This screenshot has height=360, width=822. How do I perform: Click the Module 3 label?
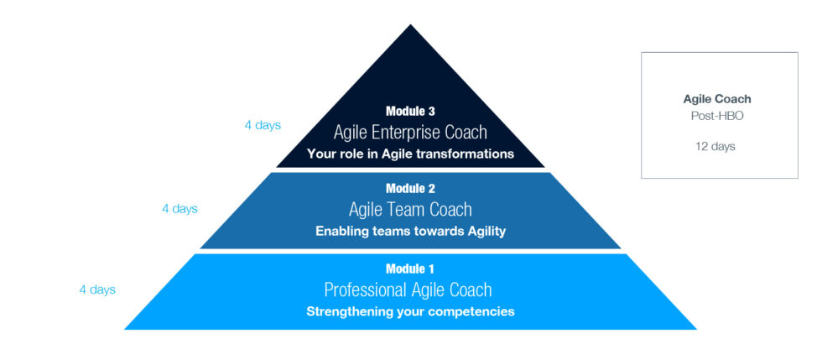410,111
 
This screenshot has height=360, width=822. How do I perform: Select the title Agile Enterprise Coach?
410,132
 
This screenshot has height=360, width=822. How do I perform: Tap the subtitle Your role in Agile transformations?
410,154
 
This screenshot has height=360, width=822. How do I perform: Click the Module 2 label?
410,189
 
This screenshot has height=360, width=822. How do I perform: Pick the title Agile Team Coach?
410,210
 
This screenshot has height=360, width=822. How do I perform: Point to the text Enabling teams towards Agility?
410,232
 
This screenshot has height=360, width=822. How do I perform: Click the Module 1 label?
410,269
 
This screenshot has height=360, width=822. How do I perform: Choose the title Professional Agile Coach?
408,290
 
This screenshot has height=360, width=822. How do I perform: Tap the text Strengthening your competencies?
410,311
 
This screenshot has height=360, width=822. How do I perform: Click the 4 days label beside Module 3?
263,125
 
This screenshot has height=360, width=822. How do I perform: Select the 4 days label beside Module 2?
179,208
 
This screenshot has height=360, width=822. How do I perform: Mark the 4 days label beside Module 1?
97,290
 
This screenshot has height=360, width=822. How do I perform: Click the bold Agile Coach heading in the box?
717,99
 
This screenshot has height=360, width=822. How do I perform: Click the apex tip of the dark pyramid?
410,26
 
